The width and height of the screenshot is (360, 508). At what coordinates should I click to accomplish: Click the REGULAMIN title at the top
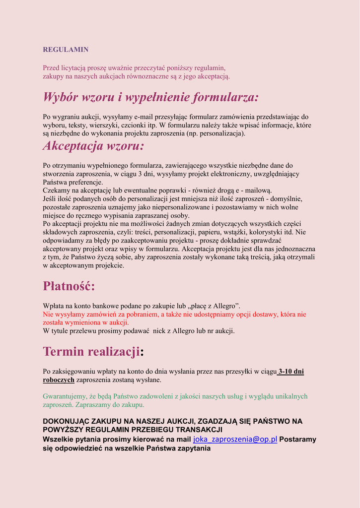point(66,50)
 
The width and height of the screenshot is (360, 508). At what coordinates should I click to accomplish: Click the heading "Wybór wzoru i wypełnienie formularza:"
point(151,97)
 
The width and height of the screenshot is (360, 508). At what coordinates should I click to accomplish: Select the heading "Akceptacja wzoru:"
point(93,146)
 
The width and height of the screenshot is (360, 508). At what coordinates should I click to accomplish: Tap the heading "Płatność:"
point(69,286)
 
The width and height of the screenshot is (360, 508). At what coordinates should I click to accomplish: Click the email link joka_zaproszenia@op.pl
point(235,440)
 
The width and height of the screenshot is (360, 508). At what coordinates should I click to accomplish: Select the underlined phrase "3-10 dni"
point(291,371)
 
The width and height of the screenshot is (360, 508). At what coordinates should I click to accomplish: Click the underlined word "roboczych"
point(59,380)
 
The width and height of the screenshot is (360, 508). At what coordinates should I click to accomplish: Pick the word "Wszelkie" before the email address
point(59,440)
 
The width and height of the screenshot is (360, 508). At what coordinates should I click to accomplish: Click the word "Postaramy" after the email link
point(297,440)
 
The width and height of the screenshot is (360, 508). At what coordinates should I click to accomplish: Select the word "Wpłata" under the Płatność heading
point(53,306)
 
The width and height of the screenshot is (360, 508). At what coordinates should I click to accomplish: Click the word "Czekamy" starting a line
point(57,190)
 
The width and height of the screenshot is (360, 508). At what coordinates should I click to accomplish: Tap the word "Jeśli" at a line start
point(50,199)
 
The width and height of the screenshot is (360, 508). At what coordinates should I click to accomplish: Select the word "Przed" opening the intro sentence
point(51,68)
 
